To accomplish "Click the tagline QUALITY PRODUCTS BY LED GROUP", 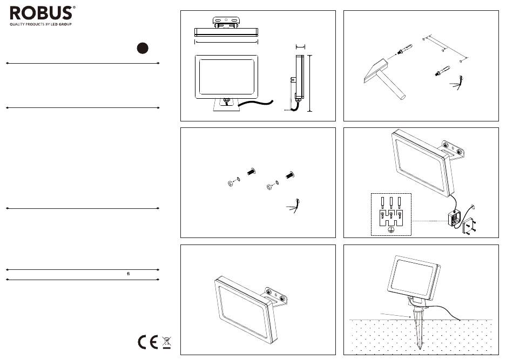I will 41,24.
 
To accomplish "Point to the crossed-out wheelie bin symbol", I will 166,342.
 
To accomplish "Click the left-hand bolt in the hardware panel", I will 251,172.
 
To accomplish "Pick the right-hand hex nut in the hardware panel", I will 268,187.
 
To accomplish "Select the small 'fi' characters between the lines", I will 129,274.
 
